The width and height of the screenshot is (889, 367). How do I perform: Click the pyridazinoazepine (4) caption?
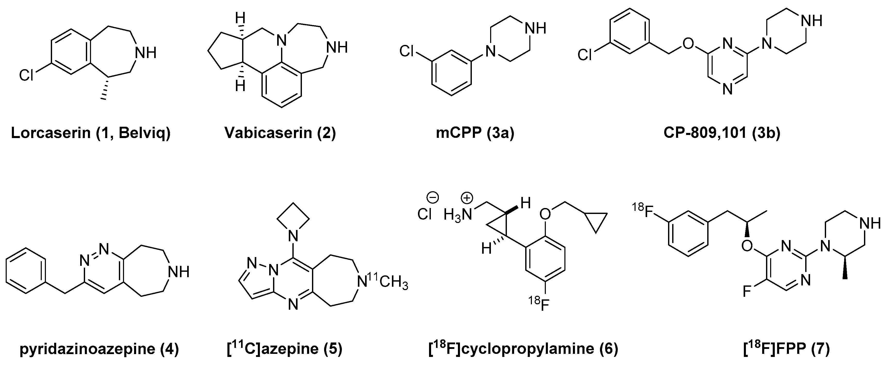coord(99,349)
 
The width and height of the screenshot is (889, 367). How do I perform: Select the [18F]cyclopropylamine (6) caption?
coord(523,349)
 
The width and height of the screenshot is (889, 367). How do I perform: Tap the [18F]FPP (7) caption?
coord(786,349)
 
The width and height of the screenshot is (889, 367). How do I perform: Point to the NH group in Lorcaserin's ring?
coord(145,53)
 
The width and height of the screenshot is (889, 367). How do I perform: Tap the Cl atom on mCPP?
coord(407,52)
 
